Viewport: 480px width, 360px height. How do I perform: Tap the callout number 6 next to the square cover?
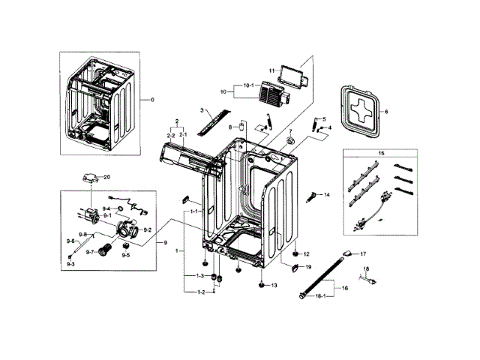(385, 112)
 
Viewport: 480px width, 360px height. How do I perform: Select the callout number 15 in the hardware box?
(382, 153)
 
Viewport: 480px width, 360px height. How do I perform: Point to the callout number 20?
(107, 177)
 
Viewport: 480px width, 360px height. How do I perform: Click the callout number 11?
(271, 70)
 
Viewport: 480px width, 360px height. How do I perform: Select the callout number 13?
(274, 286)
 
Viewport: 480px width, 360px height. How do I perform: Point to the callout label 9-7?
(90, 253)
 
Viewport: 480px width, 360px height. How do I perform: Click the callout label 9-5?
(126, 255)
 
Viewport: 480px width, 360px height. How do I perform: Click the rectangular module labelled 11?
(292, 73)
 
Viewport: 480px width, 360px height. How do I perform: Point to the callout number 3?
(202, 110)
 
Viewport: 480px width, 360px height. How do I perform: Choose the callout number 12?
(306, 254)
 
